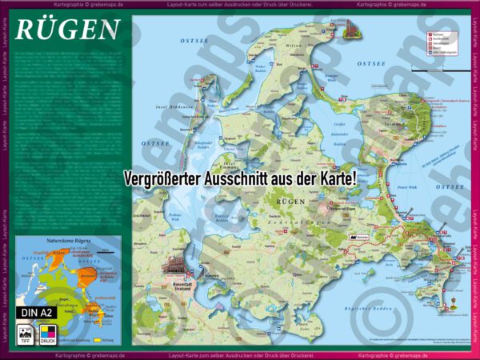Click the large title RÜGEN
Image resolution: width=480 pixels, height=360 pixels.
67,30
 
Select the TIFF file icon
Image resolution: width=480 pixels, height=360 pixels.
26,332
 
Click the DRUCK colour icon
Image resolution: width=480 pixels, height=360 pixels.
48,332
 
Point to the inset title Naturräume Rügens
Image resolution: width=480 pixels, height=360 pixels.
67,241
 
